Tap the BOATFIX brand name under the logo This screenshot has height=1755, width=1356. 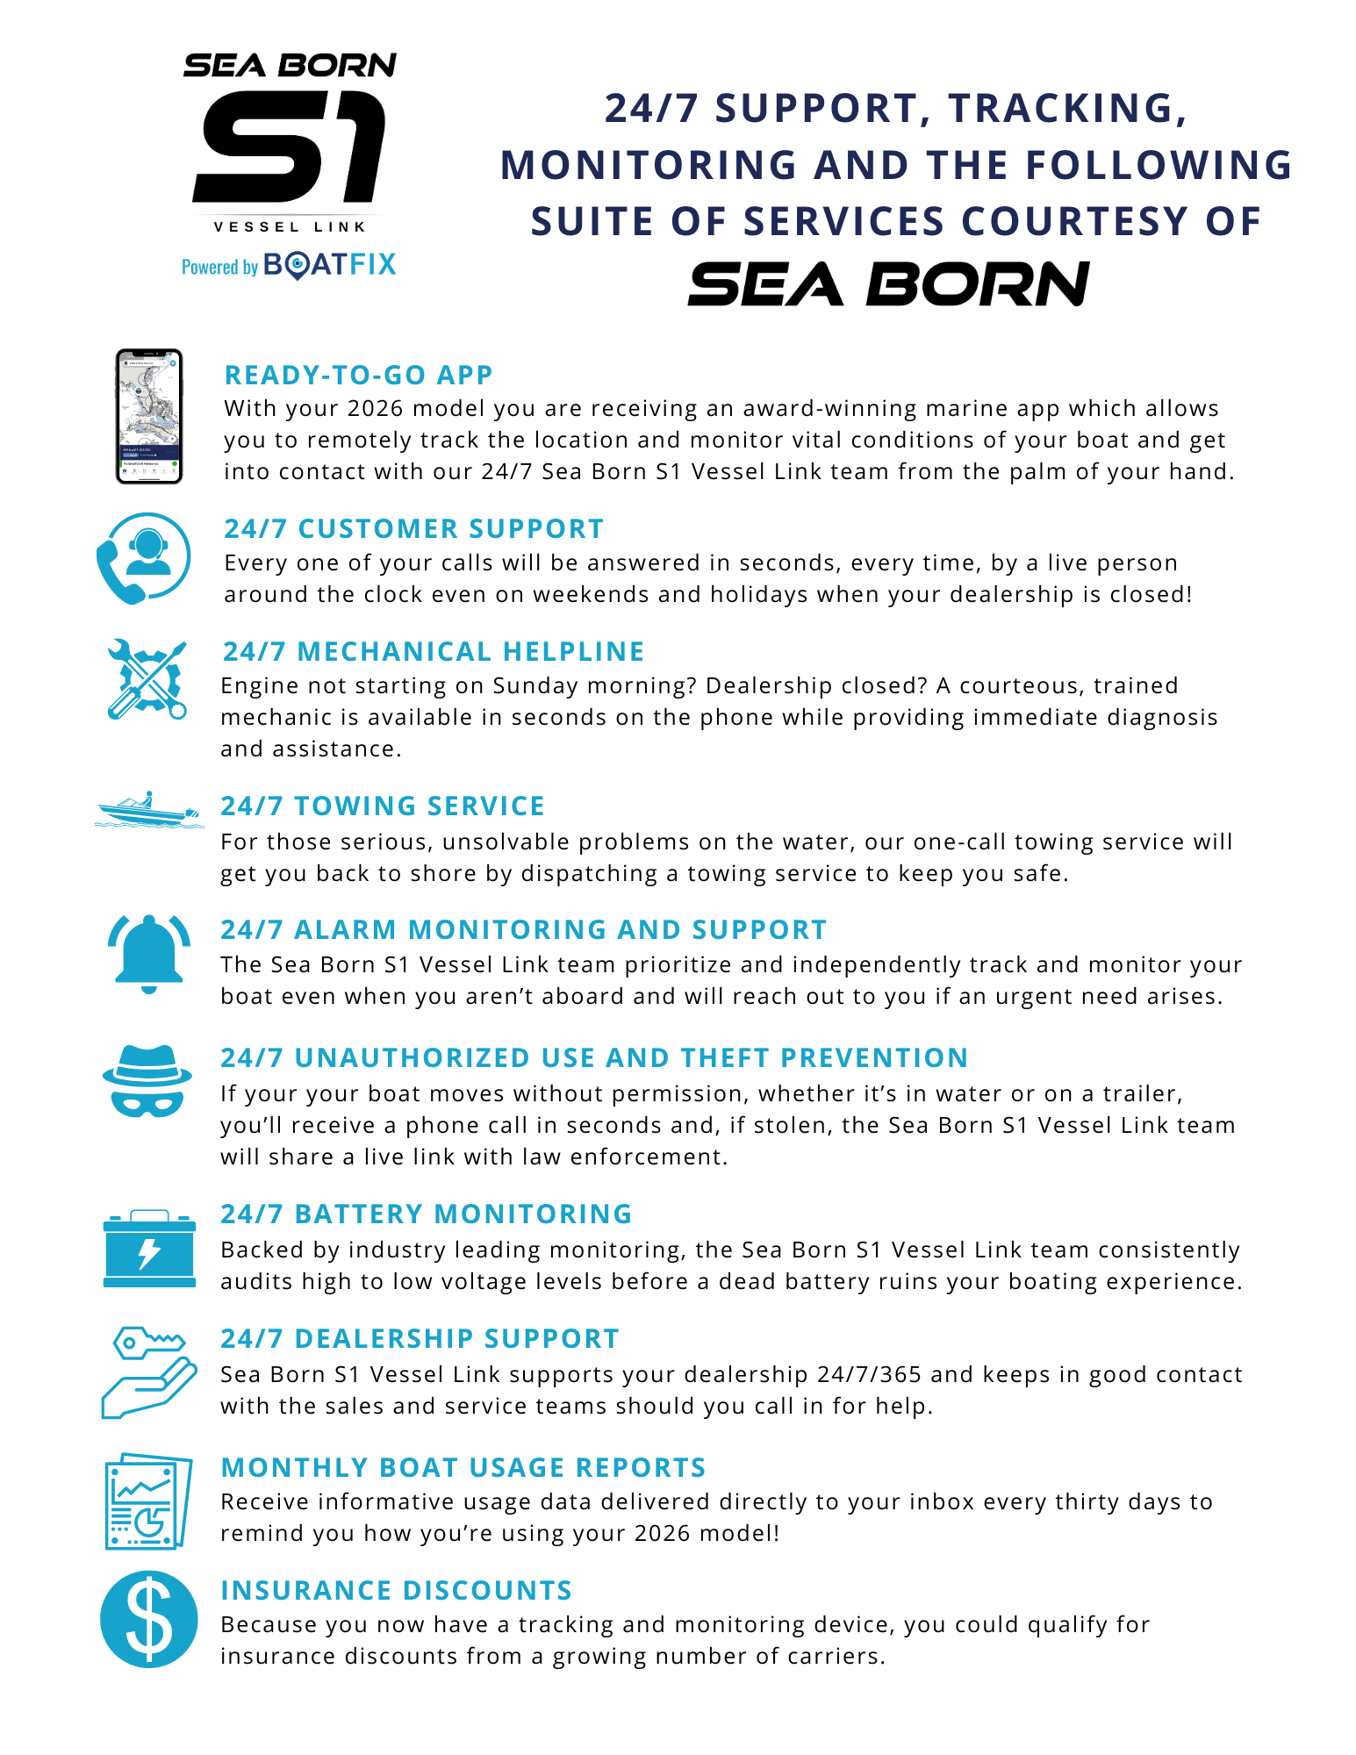[329, 265]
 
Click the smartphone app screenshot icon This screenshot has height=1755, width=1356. [149, 416]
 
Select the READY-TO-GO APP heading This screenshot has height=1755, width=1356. [358, 375]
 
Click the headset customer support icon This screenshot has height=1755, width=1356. [144, 558]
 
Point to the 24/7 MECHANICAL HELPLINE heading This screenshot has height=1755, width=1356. [434, 651]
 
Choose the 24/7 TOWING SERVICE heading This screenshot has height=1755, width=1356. [383, 806]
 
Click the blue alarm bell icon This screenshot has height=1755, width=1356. [149, 953]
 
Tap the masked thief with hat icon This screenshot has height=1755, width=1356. [147, 1081]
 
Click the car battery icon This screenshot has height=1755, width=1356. [149, 1249]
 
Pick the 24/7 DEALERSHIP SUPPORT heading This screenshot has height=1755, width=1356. [420, 1338]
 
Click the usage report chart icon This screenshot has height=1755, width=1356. [147, 1501]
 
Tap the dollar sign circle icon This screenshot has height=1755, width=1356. [149, 1619]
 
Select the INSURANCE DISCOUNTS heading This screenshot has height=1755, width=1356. [396, 1590]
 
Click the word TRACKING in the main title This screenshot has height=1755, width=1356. [1068, 108]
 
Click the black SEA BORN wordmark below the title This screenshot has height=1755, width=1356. [888, 284]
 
